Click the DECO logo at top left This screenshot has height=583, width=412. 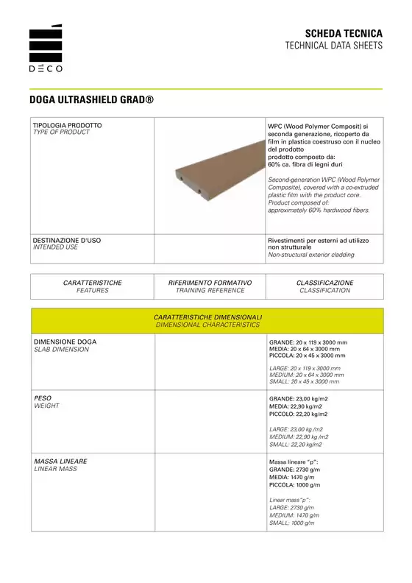[46, 49]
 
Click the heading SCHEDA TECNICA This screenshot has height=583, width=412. [344, 34]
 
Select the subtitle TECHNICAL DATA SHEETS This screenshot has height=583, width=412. [334, 46]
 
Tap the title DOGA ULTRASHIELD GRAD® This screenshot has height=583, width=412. [91, 99]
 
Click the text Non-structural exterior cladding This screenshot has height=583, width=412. [310, 255]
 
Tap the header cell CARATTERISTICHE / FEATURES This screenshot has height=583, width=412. [93, 286]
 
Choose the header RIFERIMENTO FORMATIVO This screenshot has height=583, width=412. [210, 283]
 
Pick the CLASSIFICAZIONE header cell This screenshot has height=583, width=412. [324, 286]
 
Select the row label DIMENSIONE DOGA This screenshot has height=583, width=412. [65, 342]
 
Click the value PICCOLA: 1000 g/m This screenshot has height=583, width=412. [295, 485]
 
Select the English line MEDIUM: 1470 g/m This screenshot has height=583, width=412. [295, 515]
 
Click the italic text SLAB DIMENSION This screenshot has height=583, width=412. [62, 350]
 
